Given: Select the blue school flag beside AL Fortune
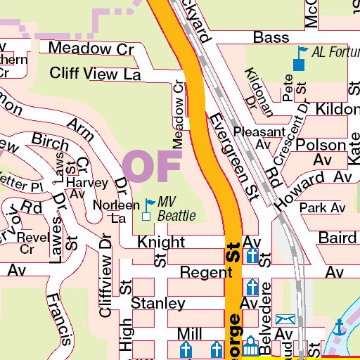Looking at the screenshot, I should click(x=300, y=58).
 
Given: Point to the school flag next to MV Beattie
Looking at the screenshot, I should click(x=148, y=210).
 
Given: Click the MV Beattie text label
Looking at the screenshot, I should click(x=176, y=209).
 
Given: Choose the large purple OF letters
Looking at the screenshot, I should click(x=152, y=165).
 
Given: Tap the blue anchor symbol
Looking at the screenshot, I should click(x=340, y=327).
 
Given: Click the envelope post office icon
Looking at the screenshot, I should click(x=285, y=321).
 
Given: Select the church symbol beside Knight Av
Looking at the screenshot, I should click(x=252, y=255).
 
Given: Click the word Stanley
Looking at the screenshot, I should click(x=158, y=304).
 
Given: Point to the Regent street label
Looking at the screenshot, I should click(x=201, y=271).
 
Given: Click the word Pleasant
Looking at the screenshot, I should click(x=259, y=132).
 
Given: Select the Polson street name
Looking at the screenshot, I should click(x=321, y=144).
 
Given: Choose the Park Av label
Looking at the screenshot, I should click(x=322, y=208).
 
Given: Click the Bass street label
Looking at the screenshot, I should click(x=271, y=37).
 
